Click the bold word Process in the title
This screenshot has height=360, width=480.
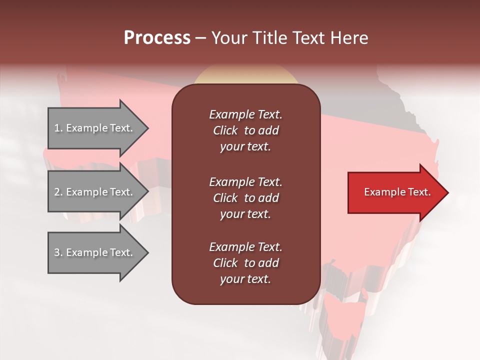tap(157, 38)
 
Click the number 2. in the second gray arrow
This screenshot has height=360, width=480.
tap(58, 192)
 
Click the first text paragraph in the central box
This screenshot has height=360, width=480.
tap(245, 130)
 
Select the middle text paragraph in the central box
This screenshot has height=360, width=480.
tap(245, 198)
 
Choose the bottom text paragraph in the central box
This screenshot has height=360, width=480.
tap(245, 263)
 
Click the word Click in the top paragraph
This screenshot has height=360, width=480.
tap(225, 130)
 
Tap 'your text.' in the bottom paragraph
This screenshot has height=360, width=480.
tap(245, 279)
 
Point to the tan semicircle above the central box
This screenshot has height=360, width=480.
tap(246, 75)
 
